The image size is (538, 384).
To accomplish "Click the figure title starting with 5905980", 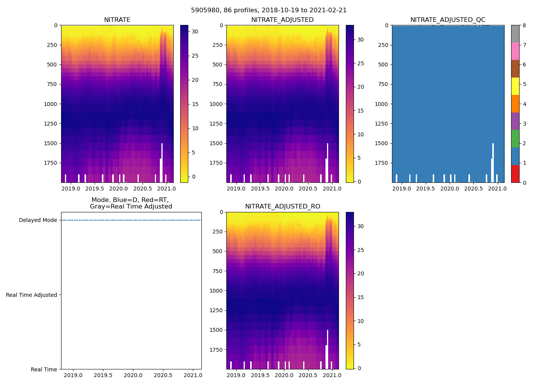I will pos(269,10).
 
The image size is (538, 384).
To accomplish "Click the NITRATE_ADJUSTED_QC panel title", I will pos(448,20).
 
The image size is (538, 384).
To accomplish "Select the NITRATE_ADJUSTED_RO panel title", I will pos(282,207).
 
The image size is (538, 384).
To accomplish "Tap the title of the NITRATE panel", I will pos(117,20).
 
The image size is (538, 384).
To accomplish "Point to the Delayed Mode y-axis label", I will pos(38,220).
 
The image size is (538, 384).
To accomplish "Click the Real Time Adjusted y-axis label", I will pos(32,295).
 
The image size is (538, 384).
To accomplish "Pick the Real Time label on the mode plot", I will pos(44,369).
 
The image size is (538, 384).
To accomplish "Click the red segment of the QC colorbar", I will pos(515,174).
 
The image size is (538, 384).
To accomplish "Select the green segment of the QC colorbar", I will pos(515,139).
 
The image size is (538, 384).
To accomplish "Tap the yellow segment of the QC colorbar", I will pos(515,86).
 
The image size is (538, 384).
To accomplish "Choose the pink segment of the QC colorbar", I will pos(515,51).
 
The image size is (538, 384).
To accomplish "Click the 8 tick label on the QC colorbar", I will pos(524,25).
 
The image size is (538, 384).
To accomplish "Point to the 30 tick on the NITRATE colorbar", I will pos(195,32).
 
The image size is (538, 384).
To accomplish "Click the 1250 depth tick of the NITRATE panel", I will pos(50,124).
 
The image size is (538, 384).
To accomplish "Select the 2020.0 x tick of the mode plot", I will pos(133,375).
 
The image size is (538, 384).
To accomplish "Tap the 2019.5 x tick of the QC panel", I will pos(425,189).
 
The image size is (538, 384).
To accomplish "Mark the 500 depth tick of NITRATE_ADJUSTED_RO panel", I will pos(218,251).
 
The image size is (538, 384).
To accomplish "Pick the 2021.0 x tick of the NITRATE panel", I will pos(167,189).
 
